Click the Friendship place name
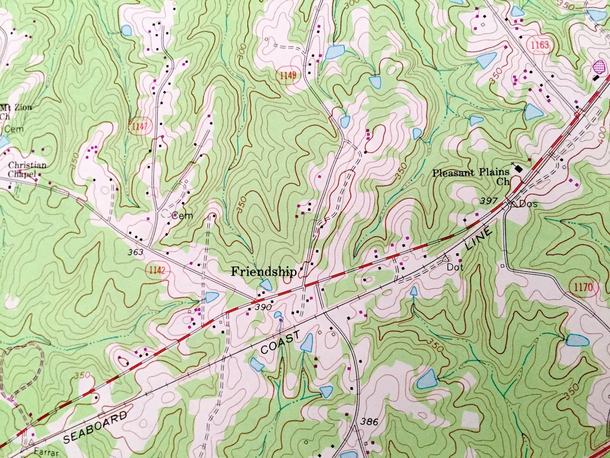[x=264, y=272]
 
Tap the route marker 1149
[x=288, y=75]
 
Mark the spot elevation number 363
[x=136, y=252]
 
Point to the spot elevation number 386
[x=369, y=422]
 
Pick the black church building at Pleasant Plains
[x=519, y=168]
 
